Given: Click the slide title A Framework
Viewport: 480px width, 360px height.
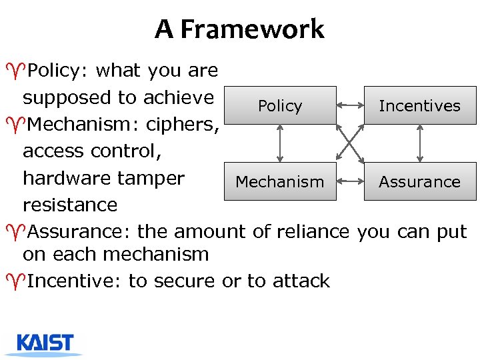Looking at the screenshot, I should tap(239, 29).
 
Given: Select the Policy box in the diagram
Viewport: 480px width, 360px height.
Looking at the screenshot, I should tap(280, 105).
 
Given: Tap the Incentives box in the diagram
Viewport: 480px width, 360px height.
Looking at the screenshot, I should tap(419, 105).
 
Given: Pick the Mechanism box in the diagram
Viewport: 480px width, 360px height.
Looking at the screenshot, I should tap(280, 181).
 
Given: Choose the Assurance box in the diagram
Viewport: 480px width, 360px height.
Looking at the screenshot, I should tap(419, 181).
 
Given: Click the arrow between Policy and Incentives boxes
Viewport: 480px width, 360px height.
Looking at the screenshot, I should tap(350, 105).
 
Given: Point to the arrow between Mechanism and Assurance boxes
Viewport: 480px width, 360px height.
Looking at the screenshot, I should tap(350, 181).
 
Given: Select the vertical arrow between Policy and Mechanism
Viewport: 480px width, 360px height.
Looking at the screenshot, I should tap(280, 143).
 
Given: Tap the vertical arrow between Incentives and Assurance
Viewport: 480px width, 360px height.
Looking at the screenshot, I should tap(419, 143).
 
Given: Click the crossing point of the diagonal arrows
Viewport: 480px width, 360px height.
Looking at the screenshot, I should tap(350, 143).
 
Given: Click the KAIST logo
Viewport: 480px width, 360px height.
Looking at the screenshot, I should tap(45, 343).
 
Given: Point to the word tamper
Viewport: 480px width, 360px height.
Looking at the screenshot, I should tap(153, 179).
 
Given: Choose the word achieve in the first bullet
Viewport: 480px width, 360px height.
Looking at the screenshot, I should tap(181, 97).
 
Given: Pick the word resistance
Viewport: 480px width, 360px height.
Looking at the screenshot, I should tap(70, 205).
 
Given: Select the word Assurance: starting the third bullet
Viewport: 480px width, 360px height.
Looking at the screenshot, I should tap(79, 231).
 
